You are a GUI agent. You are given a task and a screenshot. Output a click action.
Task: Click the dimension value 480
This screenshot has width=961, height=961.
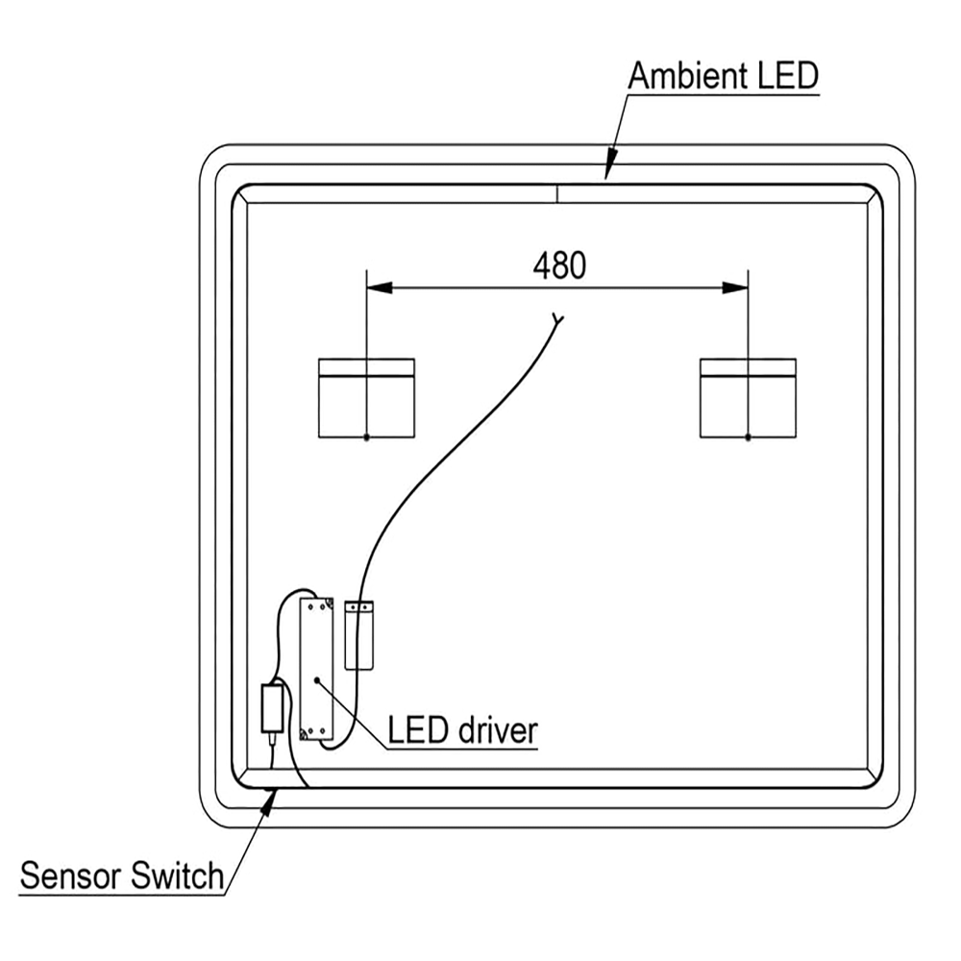(558, 264)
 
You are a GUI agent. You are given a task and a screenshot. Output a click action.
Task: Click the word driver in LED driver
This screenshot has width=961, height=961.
(497, 730)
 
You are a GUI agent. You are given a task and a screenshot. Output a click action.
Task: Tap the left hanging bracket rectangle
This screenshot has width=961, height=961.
(366, 398)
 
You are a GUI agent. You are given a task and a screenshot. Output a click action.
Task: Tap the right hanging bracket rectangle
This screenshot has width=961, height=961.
(748, 398)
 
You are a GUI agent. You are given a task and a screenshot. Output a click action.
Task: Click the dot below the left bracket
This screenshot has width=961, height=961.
(366, 437)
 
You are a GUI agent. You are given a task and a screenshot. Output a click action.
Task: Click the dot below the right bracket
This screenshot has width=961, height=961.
(748, 437)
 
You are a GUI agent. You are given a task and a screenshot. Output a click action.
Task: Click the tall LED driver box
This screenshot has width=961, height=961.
(316, 669)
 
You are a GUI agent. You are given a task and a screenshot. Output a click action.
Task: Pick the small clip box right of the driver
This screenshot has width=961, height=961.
(357, 634)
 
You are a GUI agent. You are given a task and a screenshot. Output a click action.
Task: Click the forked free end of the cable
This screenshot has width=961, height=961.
(557, 319)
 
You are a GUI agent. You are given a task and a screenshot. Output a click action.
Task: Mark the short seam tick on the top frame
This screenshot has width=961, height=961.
(557, 193)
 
